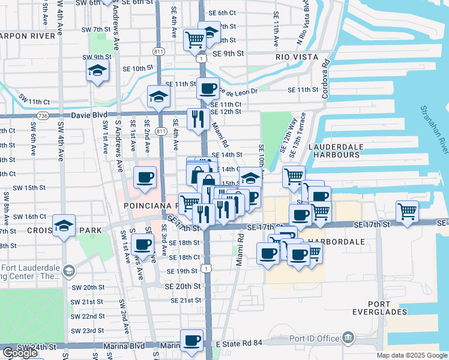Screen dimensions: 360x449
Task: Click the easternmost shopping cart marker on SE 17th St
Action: click(x=408, y=212)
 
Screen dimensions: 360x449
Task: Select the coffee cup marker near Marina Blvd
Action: click(x=192, y=340)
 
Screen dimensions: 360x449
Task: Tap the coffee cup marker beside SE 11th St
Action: click(x=208, y=89)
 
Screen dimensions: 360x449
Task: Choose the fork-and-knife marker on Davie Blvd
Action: click(x=197, y=119)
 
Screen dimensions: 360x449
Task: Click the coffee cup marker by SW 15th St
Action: click(x=145, y=178)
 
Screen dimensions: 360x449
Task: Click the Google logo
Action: click(x=20, y=353)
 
